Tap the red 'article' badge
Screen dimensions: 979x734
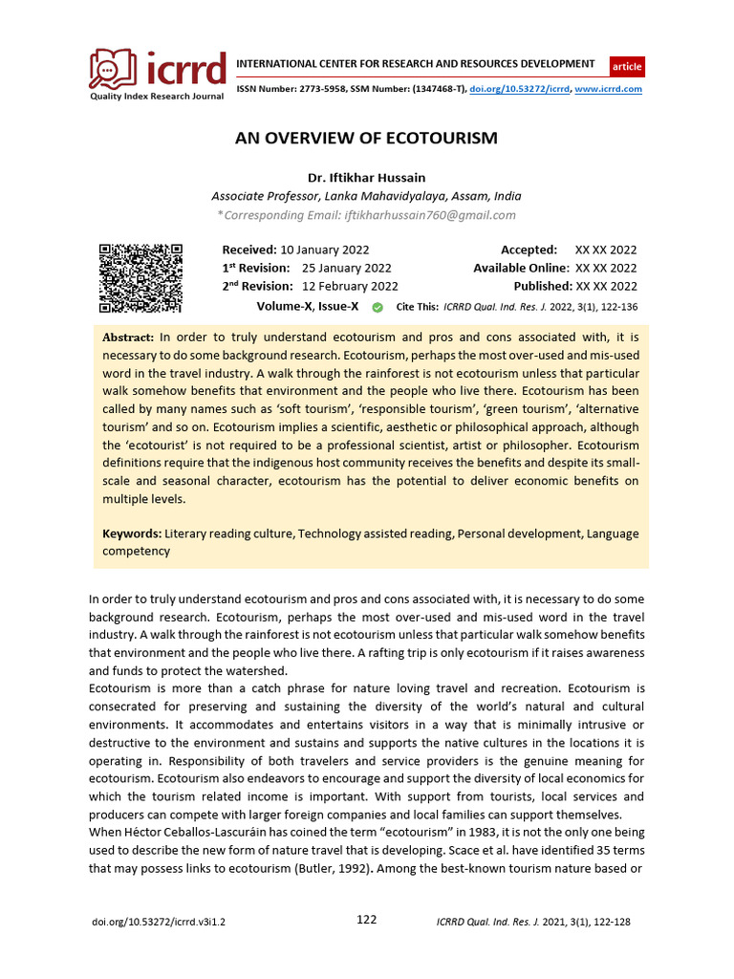(x=627, y=67)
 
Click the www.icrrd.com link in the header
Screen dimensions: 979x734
(x=608, y=89)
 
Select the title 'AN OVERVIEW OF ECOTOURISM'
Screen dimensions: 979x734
(x=366, y=138)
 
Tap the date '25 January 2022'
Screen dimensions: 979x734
(x=346, y=268)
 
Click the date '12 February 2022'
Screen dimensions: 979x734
(x=350, y=286)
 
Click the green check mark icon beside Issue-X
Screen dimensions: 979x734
(x=377, y=307)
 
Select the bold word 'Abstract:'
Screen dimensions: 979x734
(x=128, y=337)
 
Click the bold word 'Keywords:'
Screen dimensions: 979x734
(x=132, y=533)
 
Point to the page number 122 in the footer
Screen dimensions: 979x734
(x=366, y=920)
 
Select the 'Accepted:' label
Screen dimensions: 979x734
(x=529, y=250)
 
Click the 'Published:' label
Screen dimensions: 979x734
(x=542, y=286)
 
